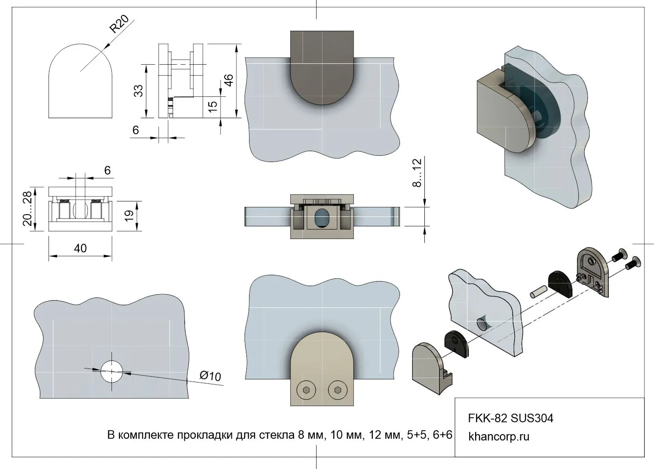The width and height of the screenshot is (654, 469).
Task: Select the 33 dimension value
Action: tap(139, 91)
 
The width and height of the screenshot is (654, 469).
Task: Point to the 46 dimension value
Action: tap(229, 80)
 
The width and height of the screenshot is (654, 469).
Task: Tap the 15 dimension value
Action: tap(212, 106)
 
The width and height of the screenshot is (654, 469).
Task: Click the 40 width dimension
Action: tap(80, 249)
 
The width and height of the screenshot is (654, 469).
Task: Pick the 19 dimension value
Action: tap(130, 215)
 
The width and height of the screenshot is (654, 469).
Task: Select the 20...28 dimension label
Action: tap(28, 208)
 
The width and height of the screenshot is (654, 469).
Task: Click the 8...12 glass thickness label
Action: tap(417, 172)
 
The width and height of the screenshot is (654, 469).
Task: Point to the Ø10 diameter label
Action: tap(210, 376)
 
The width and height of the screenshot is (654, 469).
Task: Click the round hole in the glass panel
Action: tap(111, 371)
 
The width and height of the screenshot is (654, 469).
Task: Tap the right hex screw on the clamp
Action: tap(336, 390)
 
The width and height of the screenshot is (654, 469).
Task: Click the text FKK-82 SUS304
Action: tap(510, 418)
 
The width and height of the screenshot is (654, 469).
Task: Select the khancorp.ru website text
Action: tap(499, 437)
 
